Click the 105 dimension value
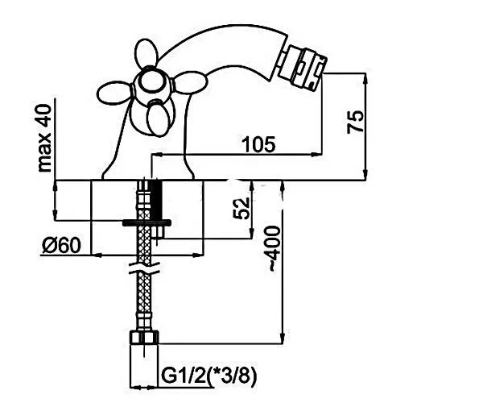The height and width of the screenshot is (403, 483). (x=258, y=144)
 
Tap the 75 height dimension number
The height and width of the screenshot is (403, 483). (x=355, y=122)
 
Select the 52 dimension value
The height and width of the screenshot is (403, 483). (x=242, y=209)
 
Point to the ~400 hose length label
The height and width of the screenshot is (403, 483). (x=275, y=248)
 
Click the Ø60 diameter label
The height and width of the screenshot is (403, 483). (x=61, y=246)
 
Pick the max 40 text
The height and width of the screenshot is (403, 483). (x=43, y=138)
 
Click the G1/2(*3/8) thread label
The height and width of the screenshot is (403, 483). (x=208, y=376)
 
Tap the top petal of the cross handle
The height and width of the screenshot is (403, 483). (x=147, y=55)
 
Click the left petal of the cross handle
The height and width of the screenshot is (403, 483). (x=115, y=93)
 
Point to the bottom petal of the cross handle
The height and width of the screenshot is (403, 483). (x=159, y=118)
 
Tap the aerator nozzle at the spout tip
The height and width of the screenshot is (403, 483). (x=302, y=67)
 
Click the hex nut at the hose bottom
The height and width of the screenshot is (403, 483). (x=144, y=338)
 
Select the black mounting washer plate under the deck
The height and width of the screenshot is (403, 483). (x=147, y=222)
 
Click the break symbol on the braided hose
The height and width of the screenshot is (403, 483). (x=144, y=268)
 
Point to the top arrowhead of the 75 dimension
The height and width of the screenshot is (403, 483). (x=365, y=78)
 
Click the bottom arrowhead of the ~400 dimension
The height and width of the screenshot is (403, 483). (x=283, y=339)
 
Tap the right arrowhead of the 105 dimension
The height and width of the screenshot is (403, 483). (x=316, y=154)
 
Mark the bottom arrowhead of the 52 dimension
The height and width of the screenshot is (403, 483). (x=252, y=234)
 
